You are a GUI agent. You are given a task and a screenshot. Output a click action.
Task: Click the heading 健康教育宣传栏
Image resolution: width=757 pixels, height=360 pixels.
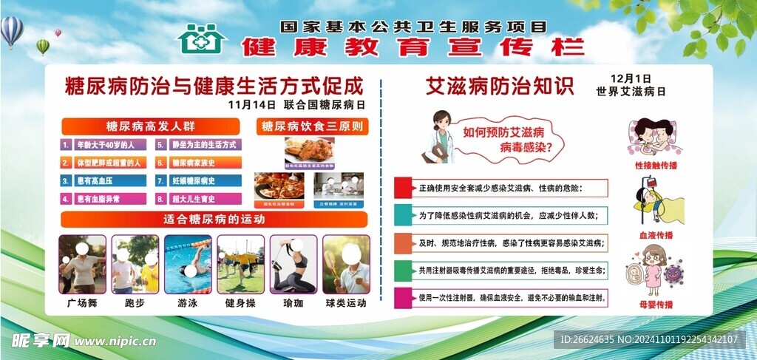[413, 47]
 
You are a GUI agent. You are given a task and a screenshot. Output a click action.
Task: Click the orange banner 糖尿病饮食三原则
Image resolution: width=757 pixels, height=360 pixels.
[313, 126]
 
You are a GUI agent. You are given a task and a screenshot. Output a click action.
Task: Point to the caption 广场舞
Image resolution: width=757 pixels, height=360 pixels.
[82, 303]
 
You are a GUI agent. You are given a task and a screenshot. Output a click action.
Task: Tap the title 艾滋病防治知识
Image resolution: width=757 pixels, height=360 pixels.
[500, 86]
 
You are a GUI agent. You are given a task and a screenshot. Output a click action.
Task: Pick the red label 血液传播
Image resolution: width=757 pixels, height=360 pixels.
[654, 234]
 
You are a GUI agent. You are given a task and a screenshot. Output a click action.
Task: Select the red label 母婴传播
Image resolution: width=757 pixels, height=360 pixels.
[655, 304]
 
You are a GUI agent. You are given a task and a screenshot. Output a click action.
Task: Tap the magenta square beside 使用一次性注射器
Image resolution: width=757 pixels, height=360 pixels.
[403, 299]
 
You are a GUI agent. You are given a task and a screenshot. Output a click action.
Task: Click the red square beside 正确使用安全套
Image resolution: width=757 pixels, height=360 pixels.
[403, 188]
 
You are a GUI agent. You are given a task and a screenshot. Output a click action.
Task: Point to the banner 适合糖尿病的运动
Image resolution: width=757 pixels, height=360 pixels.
[214, 220]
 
